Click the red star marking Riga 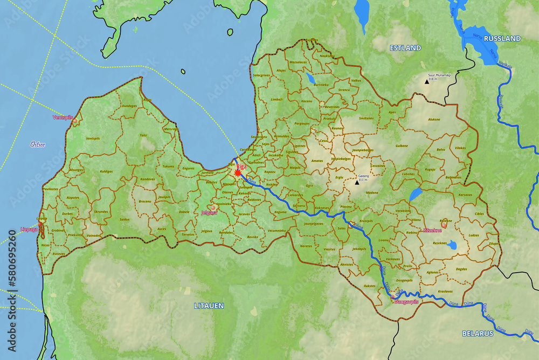coord(238,173)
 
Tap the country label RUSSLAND coord(502,38)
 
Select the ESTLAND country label coord(405,48)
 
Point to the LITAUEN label coord(209,306)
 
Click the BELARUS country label coord(477,334)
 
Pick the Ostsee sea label coord(38,144)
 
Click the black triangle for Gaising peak coord(356,183)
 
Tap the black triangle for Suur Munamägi coord(426,82)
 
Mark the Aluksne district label coord(433,120)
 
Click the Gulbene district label coord(402,146)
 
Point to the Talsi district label coord(143,135)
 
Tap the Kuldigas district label coord(106,171)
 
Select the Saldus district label coord(125,219)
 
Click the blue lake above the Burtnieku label coord(310,79)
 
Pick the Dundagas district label coord(129,106)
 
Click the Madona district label coord(372,192)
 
